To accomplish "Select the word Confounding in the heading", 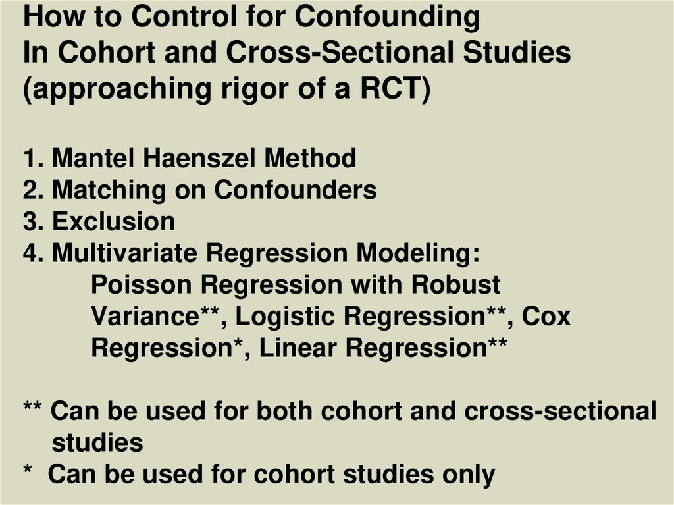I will [387, 17].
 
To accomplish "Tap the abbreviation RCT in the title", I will [393, 89].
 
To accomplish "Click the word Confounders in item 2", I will [295, 190].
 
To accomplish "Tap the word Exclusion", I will [113, 222].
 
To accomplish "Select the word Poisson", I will [142, 285].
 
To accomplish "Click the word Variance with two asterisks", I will [156, 317].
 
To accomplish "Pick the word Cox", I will [546, 317].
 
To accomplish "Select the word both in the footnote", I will [285, 412].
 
